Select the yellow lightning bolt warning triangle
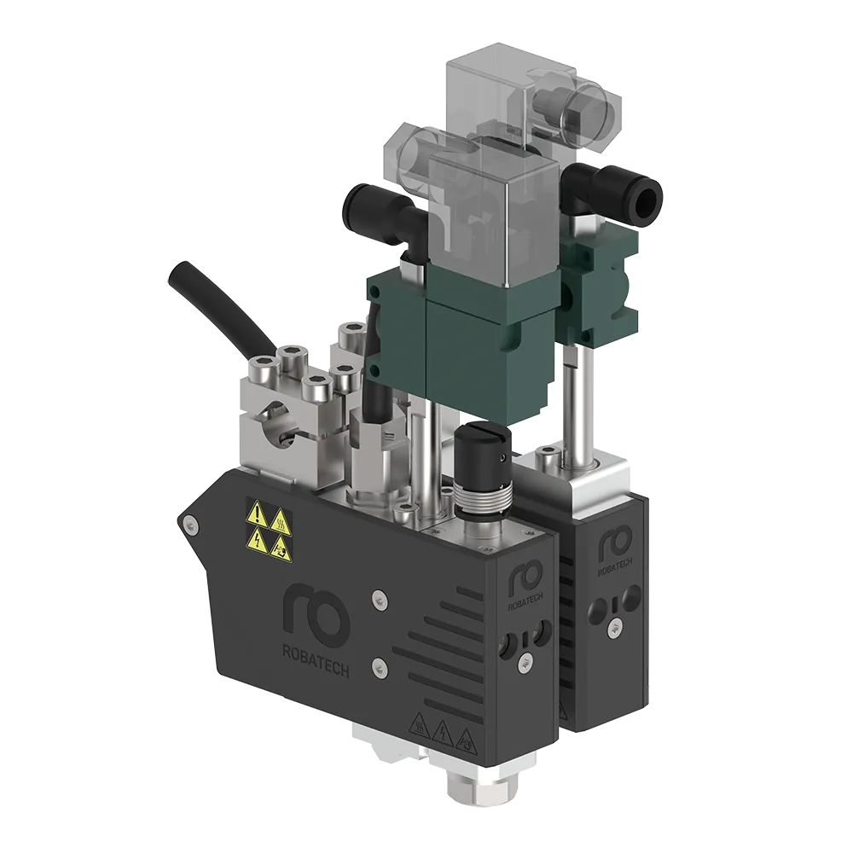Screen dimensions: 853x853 pyautogui.click(x=258, y=540)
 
